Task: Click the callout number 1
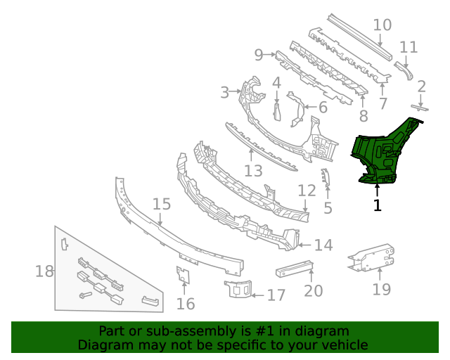tap(378, 205)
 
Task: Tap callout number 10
tap(382, 25)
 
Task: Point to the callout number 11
tap(409, 47)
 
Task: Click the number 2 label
tap(421, 86)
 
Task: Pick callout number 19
tap(381, 288)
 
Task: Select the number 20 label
tap(313, 290)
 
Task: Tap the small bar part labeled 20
tap(294, 267)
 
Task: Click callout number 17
tap(276, 295)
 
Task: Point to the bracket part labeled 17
tap(238, 288)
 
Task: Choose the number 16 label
tap(186, 303)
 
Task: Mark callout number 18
tap(44, 271)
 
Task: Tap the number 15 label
tap(161, 204)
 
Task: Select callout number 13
tap(253, 171)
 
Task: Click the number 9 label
tap(258, 54)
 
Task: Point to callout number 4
tap(276, 82)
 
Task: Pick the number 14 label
tap(323, 245)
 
